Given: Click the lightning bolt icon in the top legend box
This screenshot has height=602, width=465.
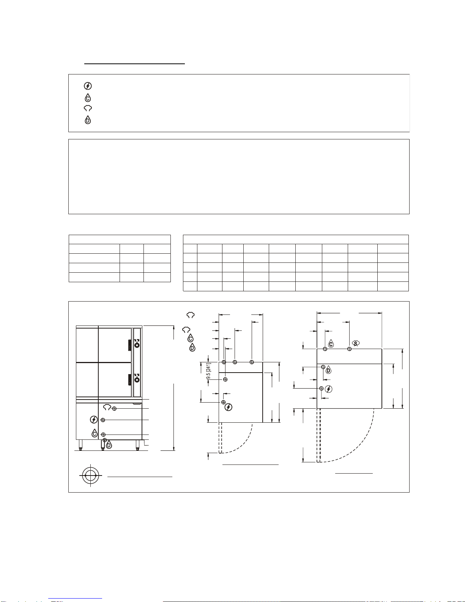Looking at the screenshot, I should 88,86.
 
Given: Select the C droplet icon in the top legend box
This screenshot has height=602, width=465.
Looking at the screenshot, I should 88,98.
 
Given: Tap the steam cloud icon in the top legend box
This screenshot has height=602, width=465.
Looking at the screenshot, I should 88,108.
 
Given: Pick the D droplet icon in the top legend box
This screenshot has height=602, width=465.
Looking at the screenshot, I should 88,120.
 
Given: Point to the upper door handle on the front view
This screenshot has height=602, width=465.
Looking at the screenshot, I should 129,345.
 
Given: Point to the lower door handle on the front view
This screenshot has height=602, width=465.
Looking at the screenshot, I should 129,379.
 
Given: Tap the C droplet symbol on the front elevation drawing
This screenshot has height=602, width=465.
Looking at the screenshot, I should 95,433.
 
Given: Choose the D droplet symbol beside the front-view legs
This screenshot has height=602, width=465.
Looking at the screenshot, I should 109,444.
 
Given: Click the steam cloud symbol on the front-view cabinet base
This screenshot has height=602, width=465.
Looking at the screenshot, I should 107,407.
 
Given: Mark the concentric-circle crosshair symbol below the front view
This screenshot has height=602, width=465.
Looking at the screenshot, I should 90,475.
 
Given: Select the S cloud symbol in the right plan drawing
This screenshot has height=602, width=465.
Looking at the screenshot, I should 356,343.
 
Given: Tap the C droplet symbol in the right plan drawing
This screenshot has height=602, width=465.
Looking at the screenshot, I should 331,344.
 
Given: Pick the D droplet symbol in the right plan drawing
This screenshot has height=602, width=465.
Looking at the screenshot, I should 328,370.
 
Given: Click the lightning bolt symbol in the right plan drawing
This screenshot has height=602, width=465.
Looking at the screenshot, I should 329,389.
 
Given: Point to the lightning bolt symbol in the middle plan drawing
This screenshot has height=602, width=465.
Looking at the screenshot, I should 229,407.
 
